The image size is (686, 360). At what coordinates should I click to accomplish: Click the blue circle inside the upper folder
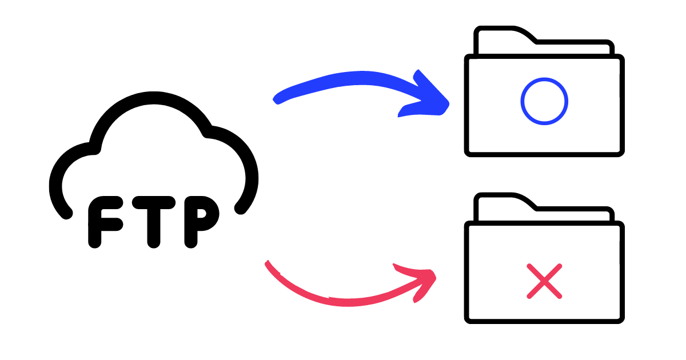coord(544,101)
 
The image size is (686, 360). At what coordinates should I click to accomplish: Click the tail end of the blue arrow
coord(277,99)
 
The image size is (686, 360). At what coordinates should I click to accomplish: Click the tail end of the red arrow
coord(268,264)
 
